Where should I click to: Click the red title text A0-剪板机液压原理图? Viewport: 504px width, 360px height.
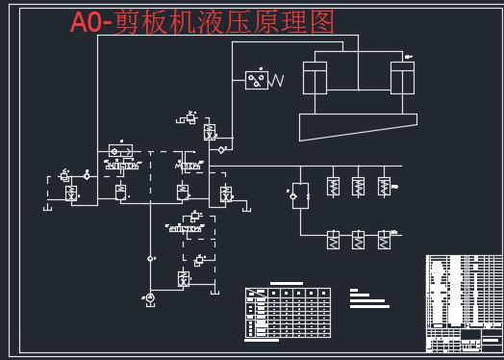coord(202,22)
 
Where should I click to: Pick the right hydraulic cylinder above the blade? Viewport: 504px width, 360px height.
coord(402,79)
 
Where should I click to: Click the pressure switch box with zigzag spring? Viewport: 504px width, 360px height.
coord(257,80)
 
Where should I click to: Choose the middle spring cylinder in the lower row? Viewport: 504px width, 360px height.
coord(359,239)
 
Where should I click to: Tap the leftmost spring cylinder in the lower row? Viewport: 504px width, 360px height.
coord(333,239)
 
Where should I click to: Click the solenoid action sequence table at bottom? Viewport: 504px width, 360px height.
coord(288,311)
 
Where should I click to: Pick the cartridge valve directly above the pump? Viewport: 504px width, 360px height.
coord(183,280)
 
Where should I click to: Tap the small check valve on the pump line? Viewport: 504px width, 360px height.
coord(149,258)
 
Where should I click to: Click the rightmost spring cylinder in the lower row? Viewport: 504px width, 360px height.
coord(384,239)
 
